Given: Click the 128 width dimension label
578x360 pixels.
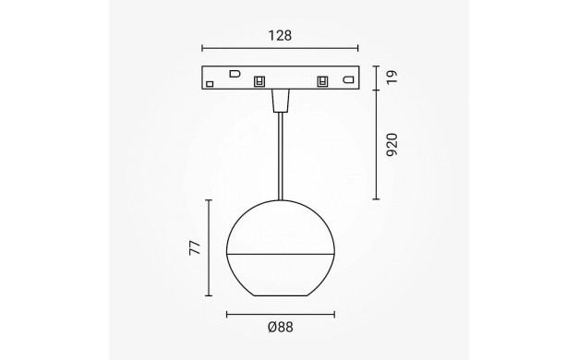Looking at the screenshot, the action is pos(280,36).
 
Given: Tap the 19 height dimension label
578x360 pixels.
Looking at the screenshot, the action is pos(392,78).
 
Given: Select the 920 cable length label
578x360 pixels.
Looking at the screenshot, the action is pos(392,145).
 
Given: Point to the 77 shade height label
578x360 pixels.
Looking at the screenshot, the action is pos(195,248).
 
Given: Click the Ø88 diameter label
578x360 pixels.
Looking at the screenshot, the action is pos(281,327).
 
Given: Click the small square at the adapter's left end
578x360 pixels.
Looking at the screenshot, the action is pos(210,84).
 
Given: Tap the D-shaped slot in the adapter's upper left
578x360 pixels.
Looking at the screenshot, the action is pos(235,74).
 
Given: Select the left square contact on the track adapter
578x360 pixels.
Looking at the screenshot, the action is pos(259,81).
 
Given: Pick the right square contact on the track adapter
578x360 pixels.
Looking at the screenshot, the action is pos(322,81).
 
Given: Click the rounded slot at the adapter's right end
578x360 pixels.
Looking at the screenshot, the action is pos(348,79).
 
